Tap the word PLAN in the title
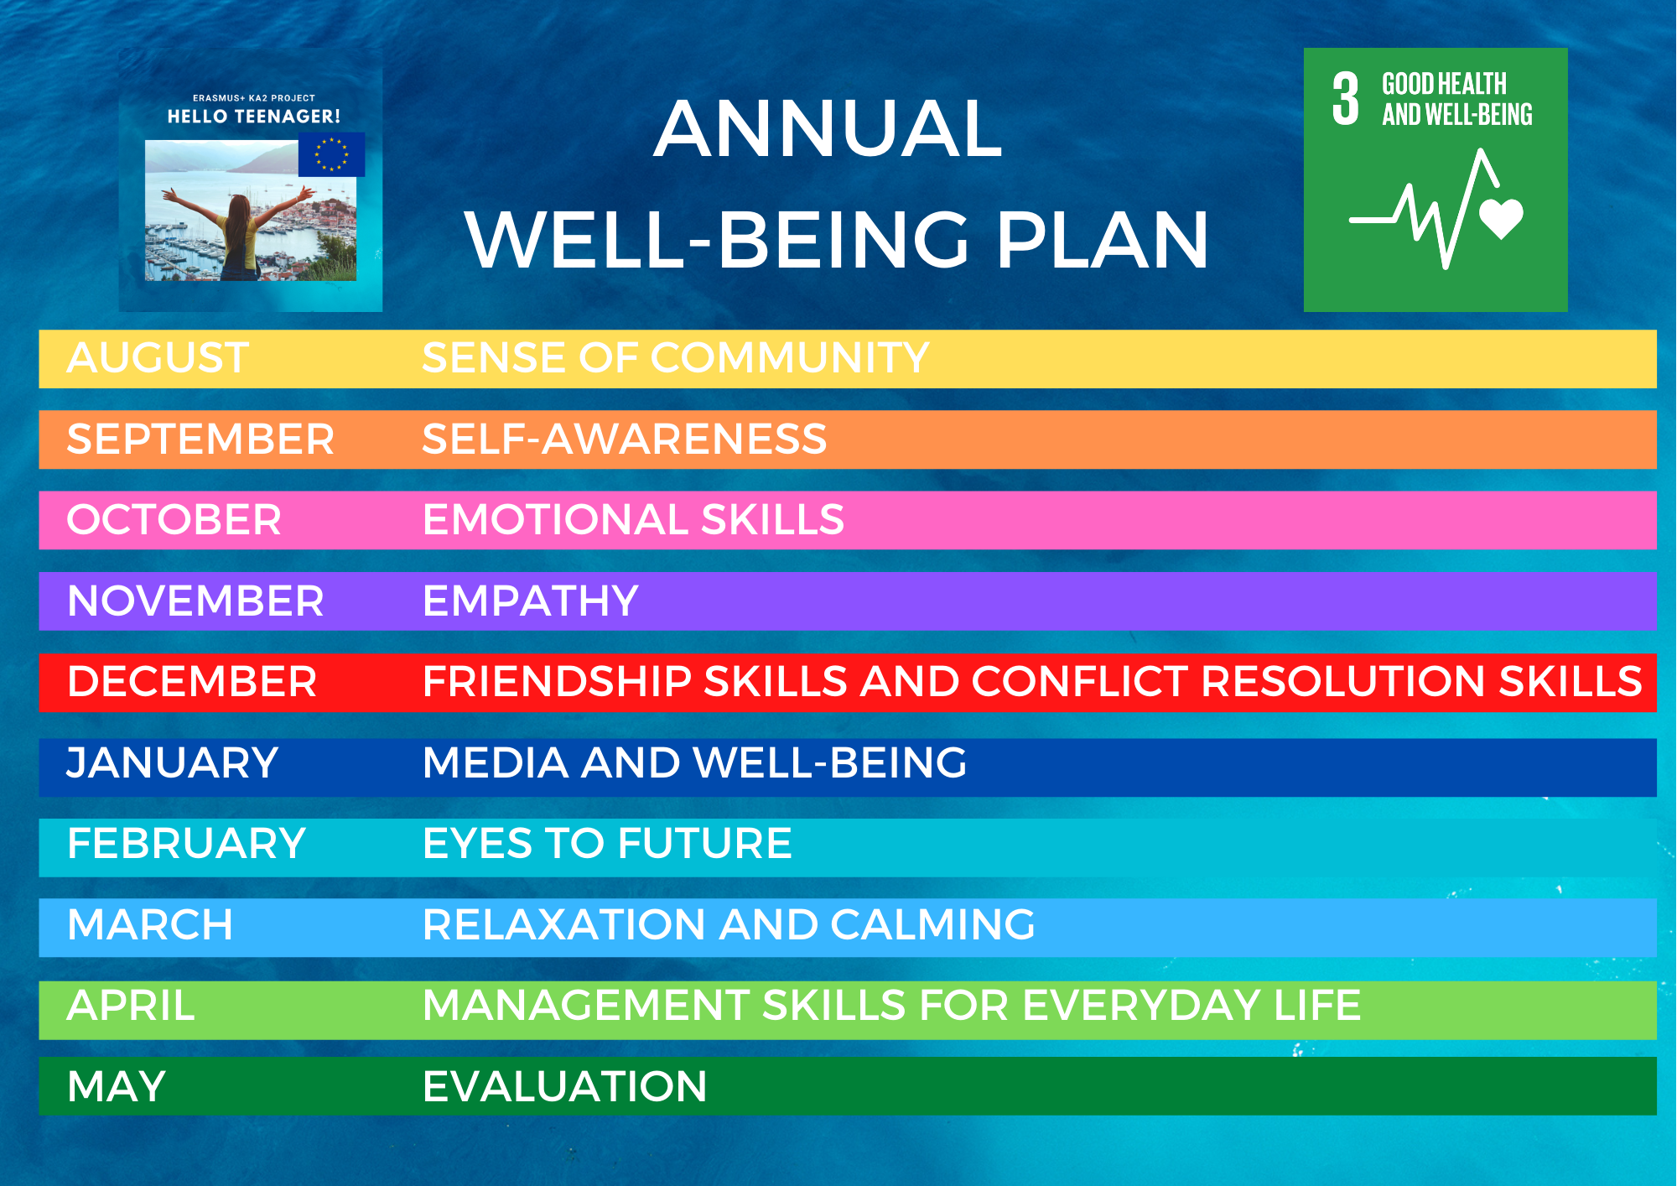pos(1102,241)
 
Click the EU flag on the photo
pos(331,154)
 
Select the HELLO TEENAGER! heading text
pos(254,117)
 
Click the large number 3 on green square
pos(1345,99)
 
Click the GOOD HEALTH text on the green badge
pos(1444,84)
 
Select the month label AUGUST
pos(158,358)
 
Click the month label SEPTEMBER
pos(200,440)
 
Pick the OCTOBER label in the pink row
pos(174,520)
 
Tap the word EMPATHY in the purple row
pos(531,601)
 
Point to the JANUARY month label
pos(172,763)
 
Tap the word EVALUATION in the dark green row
pos(565,1087)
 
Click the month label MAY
pos(117,1087)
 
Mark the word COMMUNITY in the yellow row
pos(790,358)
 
